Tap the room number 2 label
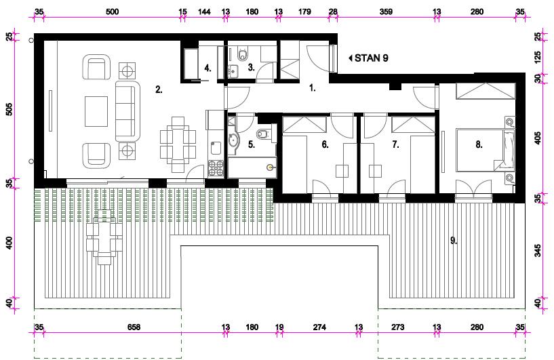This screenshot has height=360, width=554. point(159,89)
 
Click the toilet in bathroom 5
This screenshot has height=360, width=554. point(263,134)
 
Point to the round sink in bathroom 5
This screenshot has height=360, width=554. point(233,140)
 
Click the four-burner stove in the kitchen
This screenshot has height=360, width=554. point(216,168)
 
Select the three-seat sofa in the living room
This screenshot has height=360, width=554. point(127,111)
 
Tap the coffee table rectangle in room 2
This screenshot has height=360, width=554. point(96,111)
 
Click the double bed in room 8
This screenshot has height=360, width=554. point(485,151)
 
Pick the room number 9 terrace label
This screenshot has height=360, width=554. point(454,241)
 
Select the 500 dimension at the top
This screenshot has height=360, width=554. point(113,12)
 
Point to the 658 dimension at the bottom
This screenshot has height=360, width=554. point(134,327)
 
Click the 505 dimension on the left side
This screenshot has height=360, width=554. point(9,109)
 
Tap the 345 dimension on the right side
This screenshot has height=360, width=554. point(538,250)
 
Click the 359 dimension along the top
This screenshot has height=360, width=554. point(386,12)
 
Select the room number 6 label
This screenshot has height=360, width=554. point(325,144)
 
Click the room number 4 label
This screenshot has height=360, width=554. point(207,68)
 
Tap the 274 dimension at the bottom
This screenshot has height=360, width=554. point(319,327)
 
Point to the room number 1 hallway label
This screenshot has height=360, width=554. point(313,88)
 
